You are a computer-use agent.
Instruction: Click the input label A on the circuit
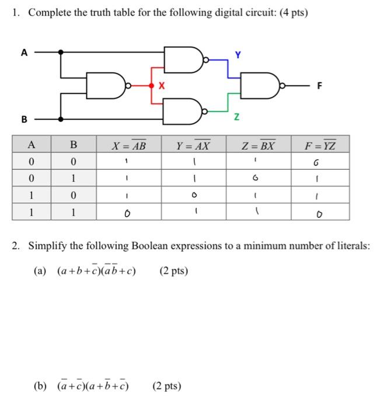click(24, 52)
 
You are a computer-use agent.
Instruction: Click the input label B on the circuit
click(24, 120)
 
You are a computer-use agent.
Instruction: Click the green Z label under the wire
click(237, 118)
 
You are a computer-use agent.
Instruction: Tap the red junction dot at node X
click(152, 86)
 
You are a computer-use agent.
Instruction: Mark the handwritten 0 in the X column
click(125, 213)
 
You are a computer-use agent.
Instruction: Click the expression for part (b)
click(93, 385)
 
